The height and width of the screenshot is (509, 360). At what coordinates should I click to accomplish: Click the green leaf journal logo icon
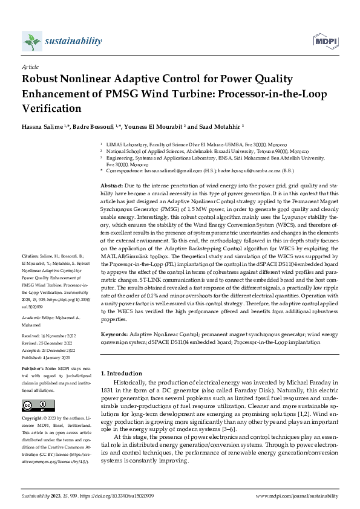31,41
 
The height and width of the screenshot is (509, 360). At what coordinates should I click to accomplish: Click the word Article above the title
30,66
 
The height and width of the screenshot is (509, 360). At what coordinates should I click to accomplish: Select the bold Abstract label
111,185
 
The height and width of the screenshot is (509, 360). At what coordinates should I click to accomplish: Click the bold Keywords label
114,334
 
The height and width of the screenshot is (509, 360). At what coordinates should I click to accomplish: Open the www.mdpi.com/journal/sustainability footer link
296,495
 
